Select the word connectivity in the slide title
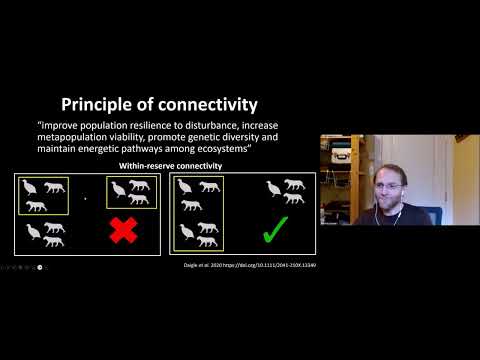(x=210, y=103)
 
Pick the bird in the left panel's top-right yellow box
(x=119, y=188)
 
